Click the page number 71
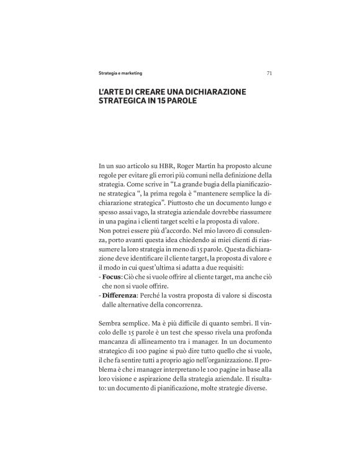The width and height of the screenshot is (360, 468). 269,73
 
